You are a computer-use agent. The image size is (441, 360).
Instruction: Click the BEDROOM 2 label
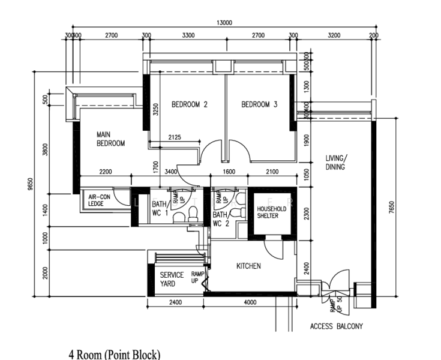[189, 104]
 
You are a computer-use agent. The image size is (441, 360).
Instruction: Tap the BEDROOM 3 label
[259, 104]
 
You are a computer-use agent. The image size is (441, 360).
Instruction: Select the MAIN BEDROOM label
[110, 139]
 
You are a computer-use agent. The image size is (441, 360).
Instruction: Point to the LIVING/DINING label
[335, 163]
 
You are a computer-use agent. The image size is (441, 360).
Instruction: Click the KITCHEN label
[248, 266]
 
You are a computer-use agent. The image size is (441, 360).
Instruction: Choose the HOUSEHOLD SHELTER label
[272, 212]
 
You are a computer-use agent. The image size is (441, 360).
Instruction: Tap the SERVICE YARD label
[172, 279]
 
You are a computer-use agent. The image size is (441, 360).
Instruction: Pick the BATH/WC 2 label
[221, 218]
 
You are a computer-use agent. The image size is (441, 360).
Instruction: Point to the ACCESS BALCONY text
[336, 327]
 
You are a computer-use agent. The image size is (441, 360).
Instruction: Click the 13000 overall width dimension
[224, 23]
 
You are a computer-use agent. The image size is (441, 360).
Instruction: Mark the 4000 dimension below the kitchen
[251, 302]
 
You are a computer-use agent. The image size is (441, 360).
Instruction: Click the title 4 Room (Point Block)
[114, 353]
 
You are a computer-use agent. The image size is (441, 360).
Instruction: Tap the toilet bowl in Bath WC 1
[193, 214]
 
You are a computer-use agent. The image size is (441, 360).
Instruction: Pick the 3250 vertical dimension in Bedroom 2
[155, 110]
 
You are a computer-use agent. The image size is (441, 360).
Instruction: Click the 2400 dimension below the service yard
[175, 302]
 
